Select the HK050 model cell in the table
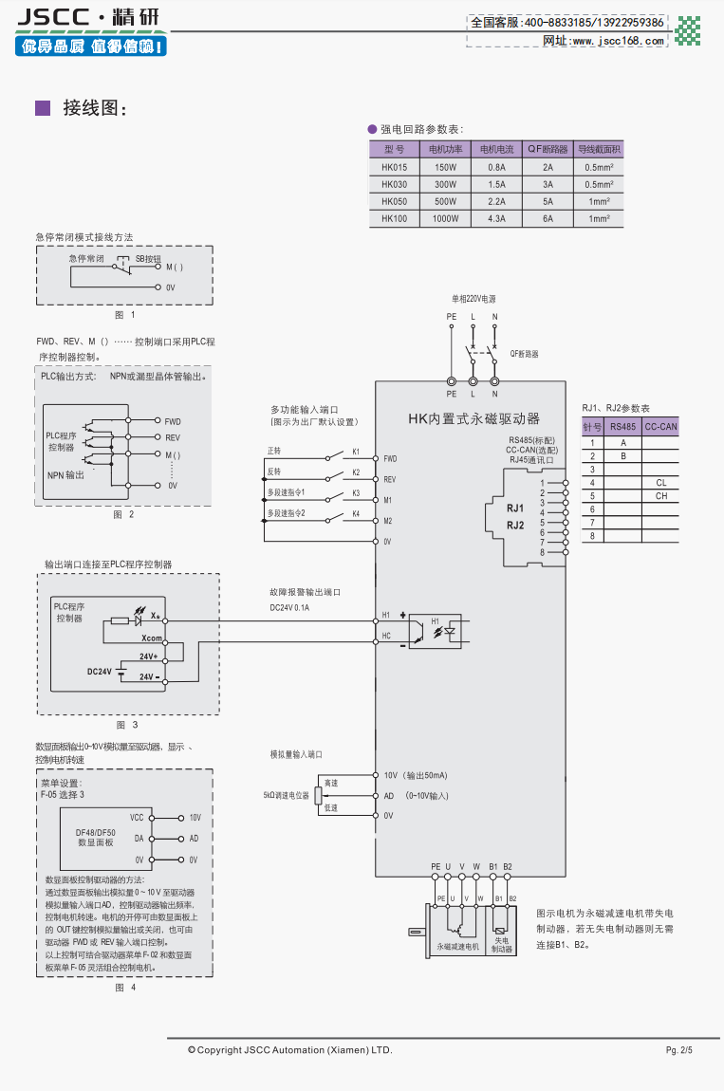394,201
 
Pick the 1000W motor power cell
445,218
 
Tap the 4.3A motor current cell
496,218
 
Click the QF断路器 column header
548,149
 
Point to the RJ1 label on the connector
515,509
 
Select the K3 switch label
356,492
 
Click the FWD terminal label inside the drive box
390,458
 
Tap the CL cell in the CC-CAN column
660,482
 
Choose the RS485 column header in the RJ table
623,427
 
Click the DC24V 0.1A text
289,607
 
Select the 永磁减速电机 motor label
458,947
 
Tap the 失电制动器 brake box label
502,944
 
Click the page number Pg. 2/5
679,1050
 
